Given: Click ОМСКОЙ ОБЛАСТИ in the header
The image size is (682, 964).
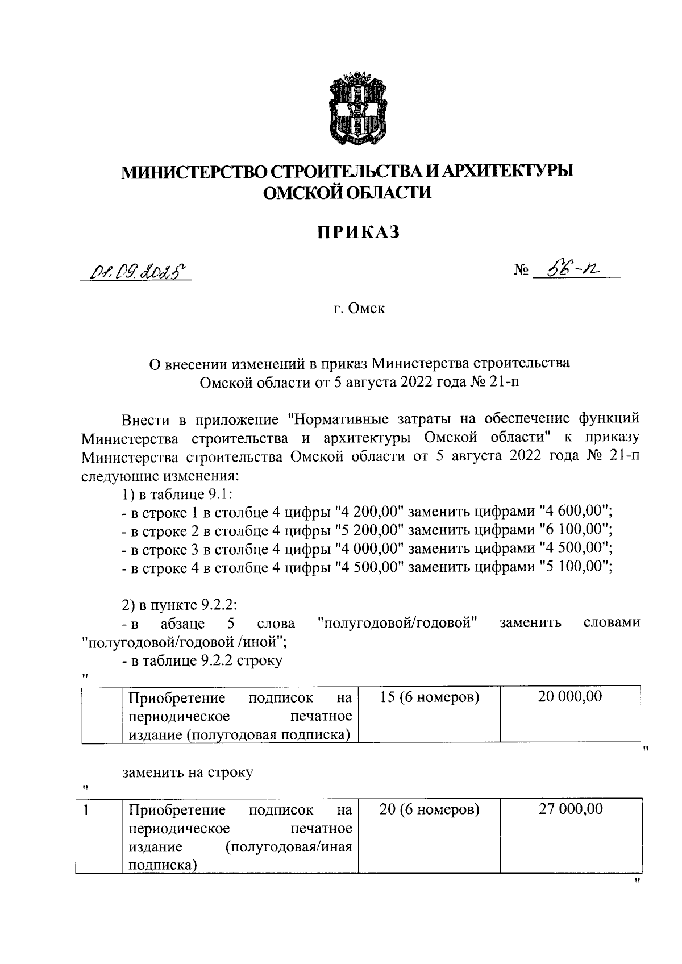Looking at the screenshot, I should point(347,193).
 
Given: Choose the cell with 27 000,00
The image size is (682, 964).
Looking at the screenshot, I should point(571,809).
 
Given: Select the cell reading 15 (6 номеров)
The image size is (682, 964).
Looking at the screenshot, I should point(429,697).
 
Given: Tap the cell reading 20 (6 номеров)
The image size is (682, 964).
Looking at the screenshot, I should point(429,809).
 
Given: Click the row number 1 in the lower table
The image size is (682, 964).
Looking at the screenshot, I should point(86,809).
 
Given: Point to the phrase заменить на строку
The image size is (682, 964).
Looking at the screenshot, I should point(188,772).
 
